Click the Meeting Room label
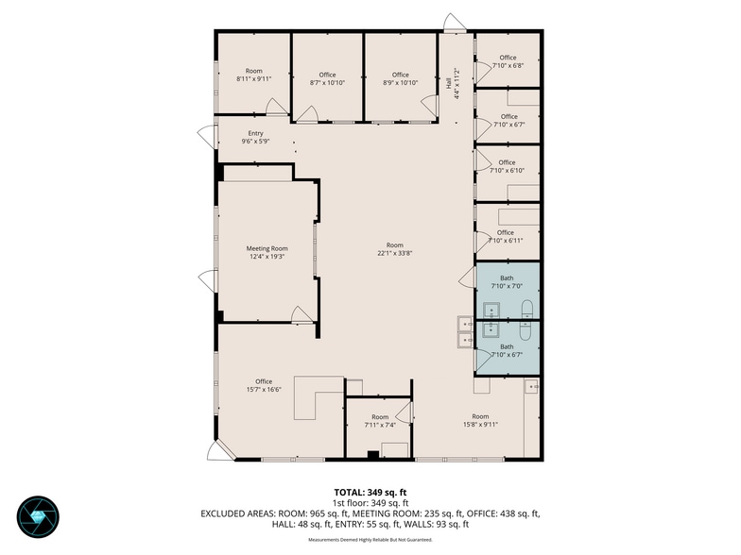267,248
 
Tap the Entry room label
255,134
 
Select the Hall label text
448,84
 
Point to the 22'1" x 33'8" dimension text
395,253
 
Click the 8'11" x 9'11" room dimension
253,79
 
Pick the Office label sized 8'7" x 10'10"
327,75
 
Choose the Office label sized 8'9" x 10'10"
401,75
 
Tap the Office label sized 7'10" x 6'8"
508,58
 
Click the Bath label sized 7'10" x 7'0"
507,278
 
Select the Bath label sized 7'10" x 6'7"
507,347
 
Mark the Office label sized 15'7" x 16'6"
264,381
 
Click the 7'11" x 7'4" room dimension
380,425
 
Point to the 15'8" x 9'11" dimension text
480,425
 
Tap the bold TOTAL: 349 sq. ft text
370,493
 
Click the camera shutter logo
38,517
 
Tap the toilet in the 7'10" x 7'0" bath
526,310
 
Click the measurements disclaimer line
370,540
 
